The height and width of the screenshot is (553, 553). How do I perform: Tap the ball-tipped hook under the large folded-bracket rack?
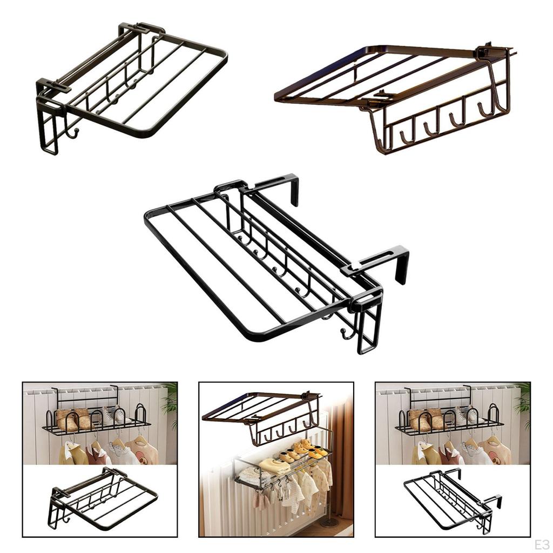coord(72,131)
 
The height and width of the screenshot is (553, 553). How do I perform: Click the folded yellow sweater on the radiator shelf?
coord(274,465)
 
